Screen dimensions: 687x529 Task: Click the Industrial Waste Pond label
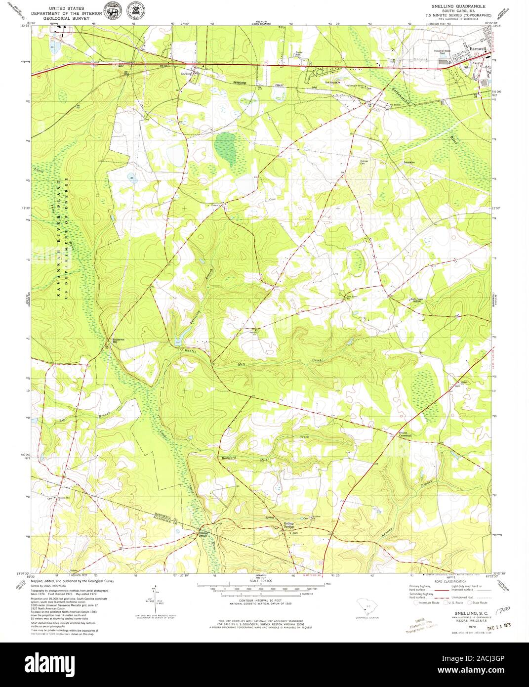(x=442, y=51)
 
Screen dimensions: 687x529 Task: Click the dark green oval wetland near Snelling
(x=227, y=148)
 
